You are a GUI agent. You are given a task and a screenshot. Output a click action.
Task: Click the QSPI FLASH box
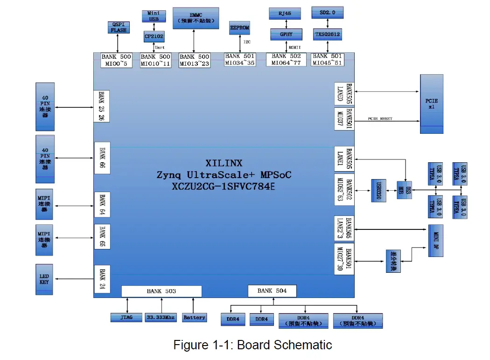point(119,28)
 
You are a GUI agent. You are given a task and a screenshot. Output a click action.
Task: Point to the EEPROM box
point(239,28)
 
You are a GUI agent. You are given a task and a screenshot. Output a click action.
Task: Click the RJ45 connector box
point(285,14)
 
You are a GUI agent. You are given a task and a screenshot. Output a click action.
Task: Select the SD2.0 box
point(327,13)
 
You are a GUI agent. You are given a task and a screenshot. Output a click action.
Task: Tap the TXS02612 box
point(327,34)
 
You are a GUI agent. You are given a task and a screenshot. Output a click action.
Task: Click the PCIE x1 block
point(432,104)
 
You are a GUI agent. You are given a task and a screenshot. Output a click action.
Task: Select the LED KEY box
point(44,279)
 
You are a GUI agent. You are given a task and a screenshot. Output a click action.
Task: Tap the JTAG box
point(126,318)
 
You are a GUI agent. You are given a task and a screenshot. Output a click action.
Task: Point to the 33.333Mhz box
point(161,318)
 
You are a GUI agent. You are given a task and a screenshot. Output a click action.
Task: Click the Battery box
point(194,318)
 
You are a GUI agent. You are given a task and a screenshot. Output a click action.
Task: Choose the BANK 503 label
point(161,291)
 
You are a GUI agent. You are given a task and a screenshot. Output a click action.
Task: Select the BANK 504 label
point(272,291)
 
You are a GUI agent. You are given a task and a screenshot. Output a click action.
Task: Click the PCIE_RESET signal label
point(380,119)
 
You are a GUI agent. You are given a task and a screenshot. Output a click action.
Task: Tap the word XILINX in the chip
point(224,163)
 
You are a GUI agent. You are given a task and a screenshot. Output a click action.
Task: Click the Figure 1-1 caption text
point(252,345)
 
